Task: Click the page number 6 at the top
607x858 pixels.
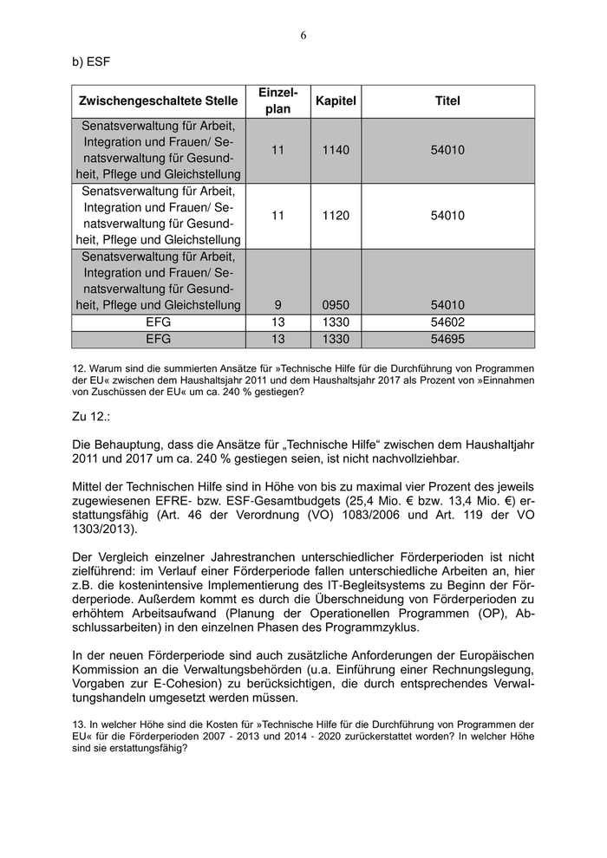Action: (x=303, y=36)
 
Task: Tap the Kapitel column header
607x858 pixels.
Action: (x=336, y=101)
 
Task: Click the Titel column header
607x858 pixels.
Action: (x=447, y=101)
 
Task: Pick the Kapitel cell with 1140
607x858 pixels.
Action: (x=336, y=150)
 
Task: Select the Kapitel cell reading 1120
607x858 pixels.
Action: (x=336, y=216)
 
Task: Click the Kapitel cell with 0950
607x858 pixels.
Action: (x=336, y=305)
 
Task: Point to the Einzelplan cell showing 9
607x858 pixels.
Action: (x=277, y=305)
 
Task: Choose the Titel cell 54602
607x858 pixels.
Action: (x=447, y=322)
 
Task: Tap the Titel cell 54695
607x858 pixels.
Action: (x=447, y=339)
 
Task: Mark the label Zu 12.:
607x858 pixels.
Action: (x=91, y=418)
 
